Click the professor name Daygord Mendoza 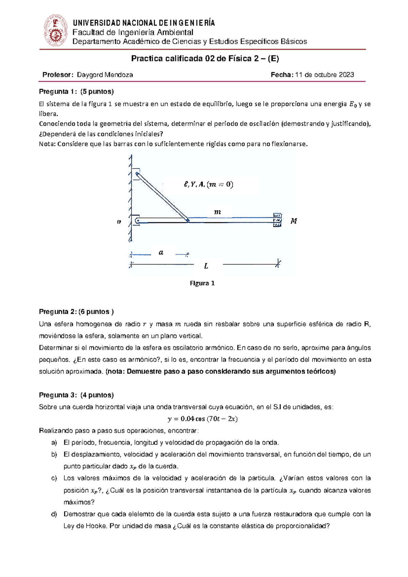click(105, 75)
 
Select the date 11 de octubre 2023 click(324, 75)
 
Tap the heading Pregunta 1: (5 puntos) click(76, 92)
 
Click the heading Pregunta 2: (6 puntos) click(76, 312)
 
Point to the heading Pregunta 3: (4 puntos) click(76, 395)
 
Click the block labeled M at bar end click(277, 220)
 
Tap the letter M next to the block click(294, 221)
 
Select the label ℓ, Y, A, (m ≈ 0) click(208, 184)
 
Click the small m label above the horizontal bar click(217, 212)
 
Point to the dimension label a click(161, 252)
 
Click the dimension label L click(206, 266)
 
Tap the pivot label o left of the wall click(119, 222)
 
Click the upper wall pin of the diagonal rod click(137, 175)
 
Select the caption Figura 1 click(202, 283)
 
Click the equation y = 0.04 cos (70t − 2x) click(203, 419)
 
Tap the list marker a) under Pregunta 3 click(54, 443)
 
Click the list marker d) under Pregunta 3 click(54, 514)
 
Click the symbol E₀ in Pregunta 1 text click(353, 104)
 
